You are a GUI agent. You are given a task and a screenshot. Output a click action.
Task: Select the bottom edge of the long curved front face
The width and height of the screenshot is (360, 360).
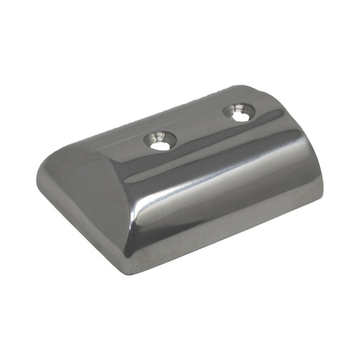pyautogui.click(x=232, y=232)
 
